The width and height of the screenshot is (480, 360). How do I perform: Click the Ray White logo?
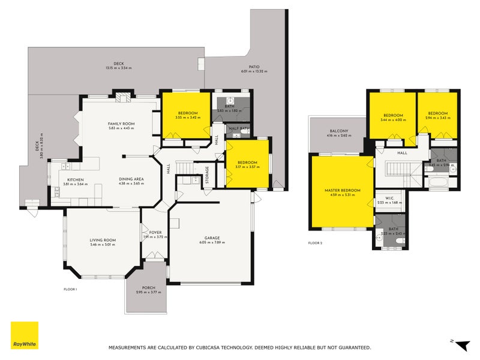(24, 335)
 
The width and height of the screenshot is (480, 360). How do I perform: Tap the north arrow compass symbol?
(460, 344)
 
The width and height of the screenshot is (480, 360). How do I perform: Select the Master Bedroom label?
(342, 190)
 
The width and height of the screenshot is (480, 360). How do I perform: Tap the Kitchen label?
(76, 179)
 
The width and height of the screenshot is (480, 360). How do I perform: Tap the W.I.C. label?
(389, 197)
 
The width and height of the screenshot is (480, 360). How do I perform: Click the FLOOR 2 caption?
(315, 243)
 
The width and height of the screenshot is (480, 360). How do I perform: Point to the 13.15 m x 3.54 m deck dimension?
(118, 68)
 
